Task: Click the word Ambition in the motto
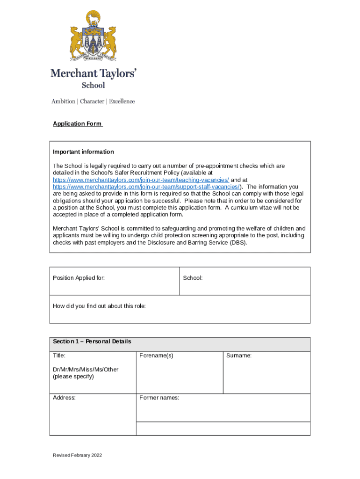click(x=63, y=102)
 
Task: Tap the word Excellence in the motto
click(x=122, y=102)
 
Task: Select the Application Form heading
click(x=77, y=124)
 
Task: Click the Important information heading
click(x=83, y=152)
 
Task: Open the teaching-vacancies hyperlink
click(x=141, y=180)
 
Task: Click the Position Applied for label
click(x=79, y=278)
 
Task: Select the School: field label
click(x=193, y=278)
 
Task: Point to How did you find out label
click(x=99, y=306)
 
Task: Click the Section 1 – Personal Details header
click(x=92, y=341)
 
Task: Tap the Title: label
click(x=59, y=356)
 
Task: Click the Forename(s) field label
click(x=156, y=356)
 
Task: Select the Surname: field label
click(x=239, y=356)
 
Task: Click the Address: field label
click(x=64, y=398)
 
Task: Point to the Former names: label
click(x=159, y=398)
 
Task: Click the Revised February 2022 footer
click(x=77, y=455)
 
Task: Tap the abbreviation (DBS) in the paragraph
click(x=238, y=243)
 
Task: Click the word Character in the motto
click(x=92, y=102)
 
